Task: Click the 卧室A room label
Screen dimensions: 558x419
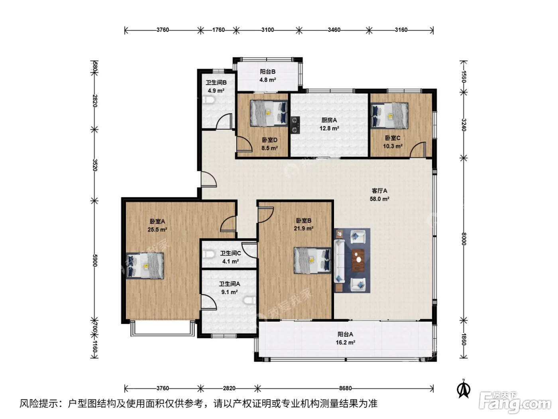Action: pos(157,221)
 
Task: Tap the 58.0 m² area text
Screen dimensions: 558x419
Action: pos(379,199)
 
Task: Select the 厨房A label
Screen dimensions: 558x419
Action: pos(329,120)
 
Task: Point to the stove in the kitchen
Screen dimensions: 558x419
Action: pos(295,125)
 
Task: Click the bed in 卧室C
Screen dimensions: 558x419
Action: pos(389,115)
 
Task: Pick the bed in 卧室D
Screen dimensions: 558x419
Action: pos(269,113)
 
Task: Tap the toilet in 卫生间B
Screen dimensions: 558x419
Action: pos(208,100)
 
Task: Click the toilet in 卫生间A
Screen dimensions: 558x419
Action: pos(249,300)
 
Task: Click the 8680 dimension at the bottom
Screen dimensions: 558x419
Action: pos(345,388)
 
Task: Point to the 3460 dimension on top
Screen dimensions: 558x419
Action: pos(334,30)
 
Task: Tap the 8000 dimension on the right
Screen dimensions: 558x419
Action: pos(464,239)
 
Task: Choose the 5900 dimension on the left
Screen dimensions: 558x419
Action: pos(94,260)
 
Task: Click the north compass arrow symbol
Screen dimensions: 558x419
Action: pos(464,389)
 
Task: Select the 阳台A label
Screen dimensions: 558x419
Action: pos(345,334)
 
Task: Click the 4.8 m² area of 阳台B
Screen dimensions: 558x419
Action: pos(267,80)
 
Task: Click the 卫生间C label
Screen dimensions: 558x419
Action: pos(230,253)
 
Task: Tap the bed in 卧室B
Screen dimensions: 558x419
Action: pos(312,261)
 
